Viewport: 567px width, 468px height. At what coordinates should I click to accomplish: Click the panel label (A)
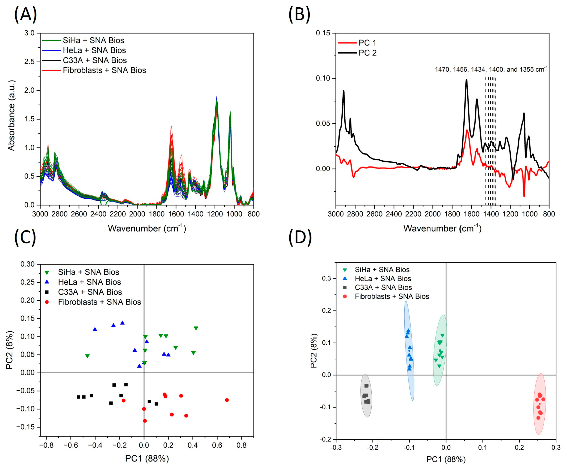25,14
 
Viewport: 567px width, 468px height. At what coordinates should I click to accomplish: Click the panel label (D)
300,238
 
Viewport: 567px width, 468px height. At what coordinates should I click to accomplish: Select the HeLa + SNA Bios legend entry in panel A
94,50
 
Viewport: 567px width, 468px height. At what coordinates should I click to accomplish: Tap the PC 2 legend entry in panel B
367,53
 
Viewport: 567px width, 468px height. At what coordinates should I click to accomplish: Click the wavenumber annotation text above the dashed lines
491,70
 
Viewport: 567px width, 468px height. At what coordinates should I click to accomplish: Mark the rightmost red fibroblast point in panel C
227,400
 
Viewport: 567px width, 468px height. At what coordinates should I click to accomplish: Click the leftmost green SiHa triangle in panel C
87,356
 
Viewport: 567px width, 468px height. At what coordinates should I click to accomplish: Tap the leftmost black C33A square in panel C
79,397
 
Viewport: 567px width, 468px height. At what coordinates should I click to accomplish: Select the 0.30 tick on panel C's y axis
28,264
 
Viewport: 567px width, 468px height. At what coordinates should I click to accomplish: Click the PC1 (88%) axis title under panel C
147,458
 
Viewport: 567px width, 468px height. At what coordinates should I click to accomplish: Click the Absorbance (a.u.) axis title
11,115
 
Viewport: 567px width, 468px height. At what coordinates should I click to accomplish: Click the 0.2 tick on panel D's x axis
519,448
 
